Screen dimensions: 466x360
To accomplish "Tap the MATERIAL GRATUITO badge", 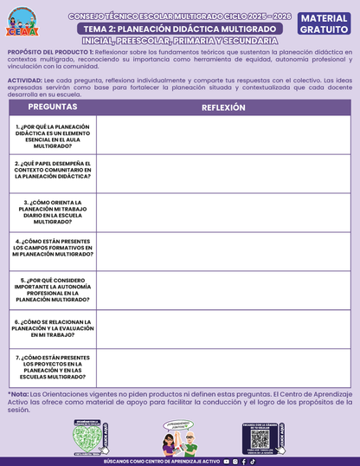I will pyautogui.click(x=325, y=23).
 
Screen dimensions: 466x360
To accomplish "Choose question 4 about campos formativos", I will pyautogui.click(x=52, y=248).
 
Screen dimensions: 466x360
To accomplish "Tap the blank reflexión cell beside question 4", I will pyautogui.click(x=223, y=248).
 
